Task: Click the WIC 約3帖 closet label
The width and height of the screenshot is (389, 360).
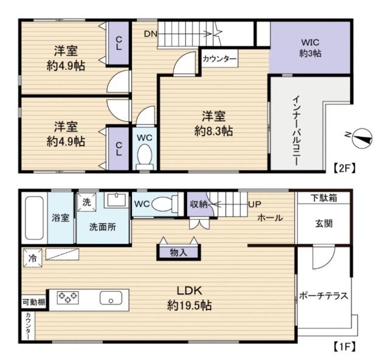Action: (x=310, y=47)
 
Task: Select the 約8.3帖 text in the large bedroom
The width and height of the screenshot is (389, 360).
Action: (x=213, y=130)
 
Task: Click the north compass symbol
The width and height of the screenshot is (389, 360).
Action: (x=362, y=139)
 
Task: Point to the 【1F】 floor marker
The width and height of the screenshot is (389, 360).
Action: (x=343, y=347)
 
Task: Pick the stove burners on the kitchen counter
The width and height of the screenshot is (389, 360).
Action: (x=67, y=298)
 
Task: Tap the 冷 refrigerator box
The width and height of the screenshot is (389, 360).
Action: (x=30, y=258)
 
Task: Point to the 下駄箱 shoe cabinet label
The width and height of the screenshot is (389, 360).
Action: (x=323, y=197)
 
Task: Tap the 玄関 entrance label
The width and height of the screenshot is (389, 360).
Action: (x=323, y=223)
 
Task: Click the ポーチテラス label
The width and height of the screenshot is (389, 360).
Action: (x=323, y=296)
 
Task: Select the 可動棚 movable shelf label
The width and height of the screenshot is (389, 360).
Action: (x=33, y=302)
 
